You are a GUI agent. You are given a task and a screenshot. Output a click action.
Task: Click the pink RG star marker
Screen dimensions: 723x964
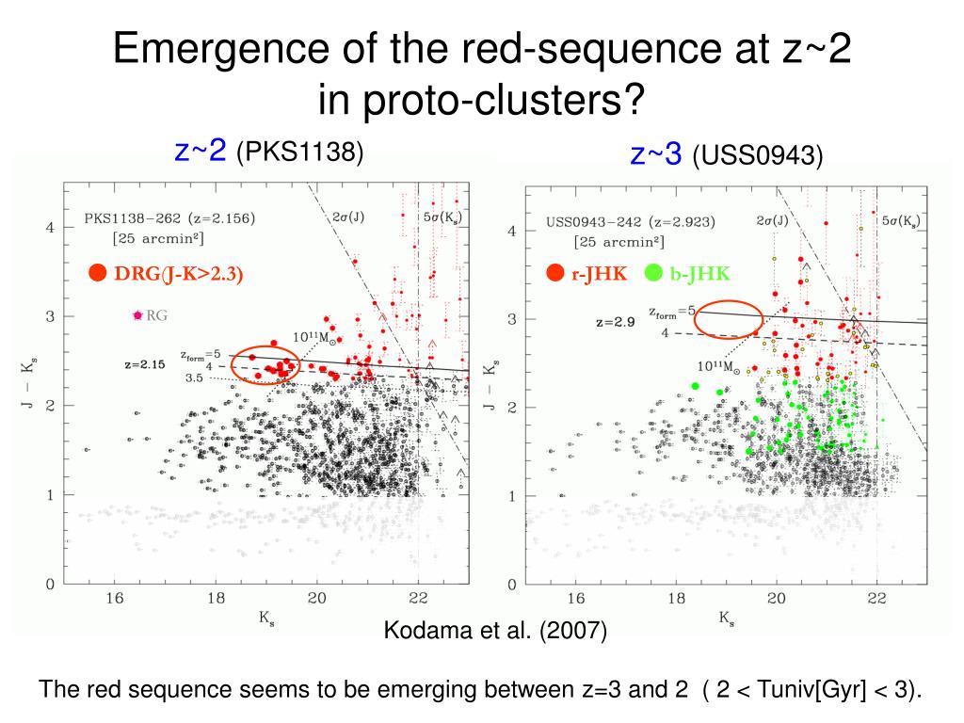click(137, 315)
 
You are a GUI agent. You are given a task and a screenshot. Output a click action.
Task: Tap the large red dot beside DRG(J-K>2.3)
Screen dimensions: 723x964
click(97, 273)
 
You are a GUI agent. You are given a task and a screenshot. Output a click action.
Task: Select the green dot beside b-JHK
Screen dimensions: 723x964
click(654, 273)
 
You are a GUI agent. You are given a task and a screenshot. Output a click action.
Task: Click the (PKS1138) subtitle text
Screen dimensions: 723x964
click(299, 151)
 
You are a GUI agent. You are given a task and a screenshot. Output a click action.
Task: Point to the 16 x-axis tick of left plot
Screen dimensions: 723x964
click(115, 598)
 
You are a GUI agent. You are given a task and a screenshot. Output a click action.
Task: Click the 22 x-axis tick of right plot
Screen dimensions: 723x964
click(876, 598)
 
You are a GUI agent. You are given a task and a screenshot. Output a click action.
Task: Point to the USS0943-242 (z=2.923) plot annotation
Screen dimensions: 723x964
click(630, 223)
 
